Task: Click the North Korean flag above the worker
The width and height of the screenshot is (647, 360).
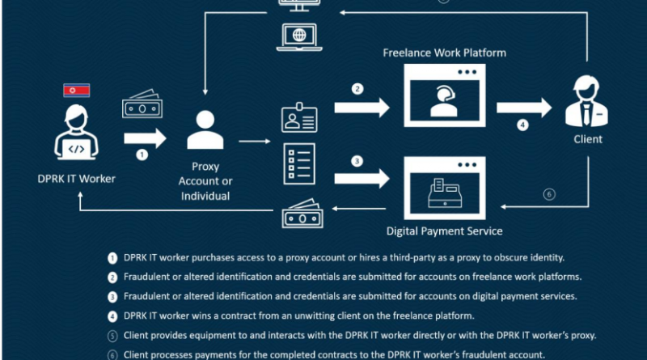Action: (x=76, y=90)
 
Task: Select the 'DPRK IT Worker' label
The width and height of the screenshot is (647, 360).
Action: (x=76, y=179)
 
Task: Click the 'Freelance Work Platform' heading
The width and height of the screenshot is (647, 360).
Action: (x=444, y=53)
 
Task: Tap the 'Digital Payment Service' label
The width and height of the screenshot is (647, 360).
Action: (x=444, y=231)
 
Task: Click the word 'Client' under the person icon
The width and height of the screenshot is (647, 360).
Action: (x=588, y=139)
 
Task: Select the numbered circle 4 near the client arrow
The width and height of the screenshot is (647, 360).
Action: (x=522, y=125)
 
